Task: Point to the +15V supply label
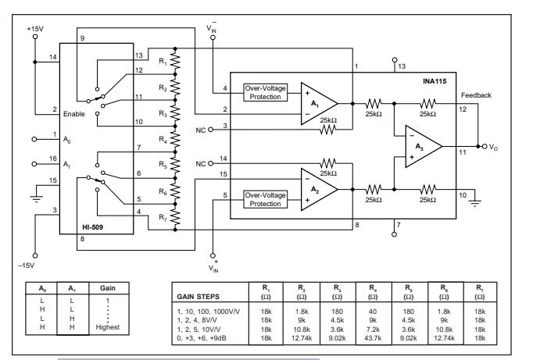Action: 35,28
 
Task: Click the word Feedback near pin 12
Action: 476,94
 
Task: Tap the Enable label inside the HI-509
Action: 74,114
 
